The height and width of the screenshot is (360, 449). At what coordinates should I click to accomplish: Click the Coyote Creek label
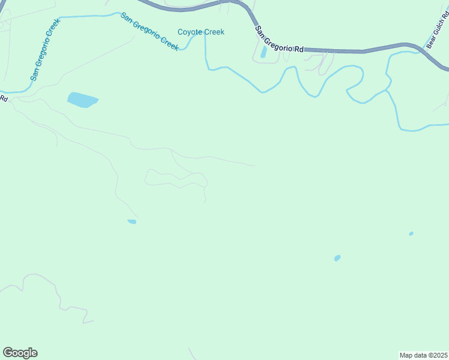pos(200,32)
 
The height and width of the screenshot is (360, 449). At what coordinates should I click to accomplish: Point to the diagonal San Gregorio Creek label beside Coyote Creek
pos(149,32)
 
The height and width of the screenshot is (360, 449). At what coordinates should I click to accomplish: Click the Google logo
pos(20,353)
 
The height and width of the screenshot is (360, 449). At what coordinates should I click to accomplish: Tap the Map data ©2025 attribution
pos(423,355)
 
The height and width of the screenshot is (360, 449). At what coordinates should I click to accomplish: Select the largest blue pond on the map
pos(82,100)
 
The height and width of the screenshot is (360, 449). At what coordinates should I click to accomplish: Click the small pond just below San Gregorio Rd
pos(264,52)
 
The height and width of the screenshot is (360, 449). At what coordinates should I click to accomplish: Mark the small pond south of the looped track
pos(132,222)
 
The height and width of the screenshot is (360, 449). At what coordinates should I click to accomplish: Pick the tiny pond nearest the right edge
pos(411,233)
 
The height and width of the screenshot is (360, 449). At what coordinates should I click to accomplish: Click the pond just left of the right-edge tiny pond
pos(337,258)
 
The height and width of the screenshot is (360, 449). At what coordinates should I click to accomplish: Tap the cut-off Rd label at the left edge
pos(4,98)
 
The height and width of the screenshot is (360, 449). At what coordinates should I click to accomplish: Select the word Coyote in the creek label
pos(190,32)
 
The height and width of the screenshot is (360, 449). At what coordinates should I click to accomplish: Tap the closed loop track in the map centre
pos(178,178)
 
